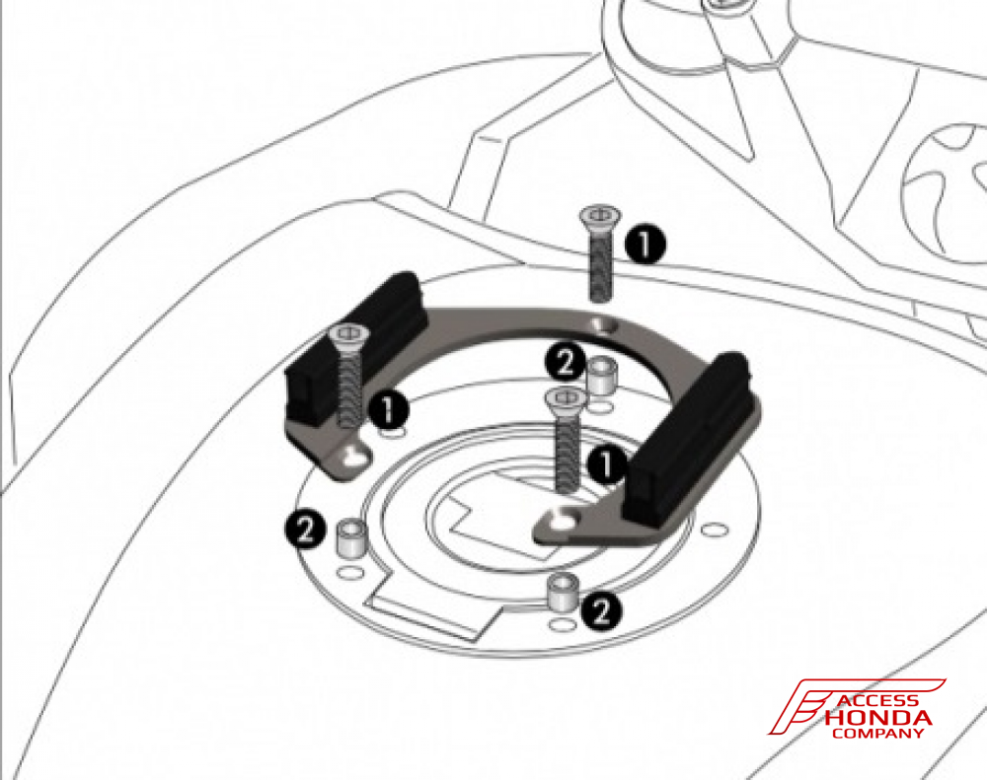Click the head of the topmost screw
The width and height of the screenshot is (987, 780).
[x=598, y=214]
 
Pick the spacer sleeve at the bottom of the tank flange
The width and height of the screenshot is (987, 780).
[x=562, y=593]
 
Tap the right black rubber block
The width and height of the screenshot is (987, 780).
[x=691, y=434]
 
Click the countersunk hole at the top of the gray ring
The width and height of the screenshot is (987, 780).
[x=601, y=325]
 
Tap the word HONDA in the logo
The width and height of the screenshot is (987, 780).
[x=877, y=717]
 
